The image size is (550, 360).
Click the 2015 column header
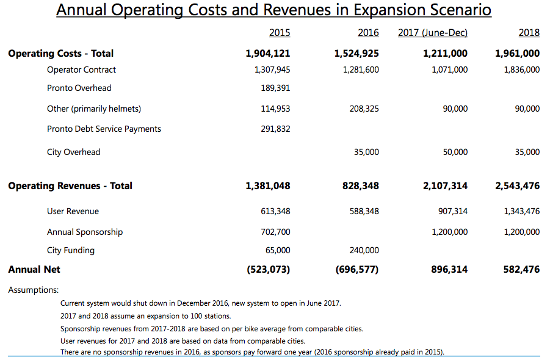[280, 33]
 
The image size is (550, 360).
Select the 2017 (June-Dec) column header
[432, 33]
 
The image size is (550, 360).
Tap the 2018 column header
[529, 33]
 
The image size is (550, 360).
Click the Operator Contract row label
[81, 70]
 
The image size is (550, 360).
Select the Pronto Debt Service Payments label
[104, 129]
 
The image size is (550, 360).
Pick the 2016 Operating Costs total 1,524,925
[356, 54]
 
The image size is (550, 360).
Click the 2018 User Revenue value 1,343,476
[521, 211]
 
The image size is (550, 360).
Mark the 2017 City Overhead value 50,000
[455, 152]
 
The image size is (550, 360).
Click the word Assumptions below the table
[34, 290]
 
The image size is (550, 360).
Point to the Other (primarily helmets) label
[94, 109]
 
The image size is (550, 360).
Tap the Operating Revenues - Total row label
[70, 185]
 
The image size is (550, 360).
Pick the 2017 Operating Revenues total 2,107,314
[445, 185]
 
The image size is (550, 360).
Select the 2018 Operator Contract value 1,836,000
[521, 70]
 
